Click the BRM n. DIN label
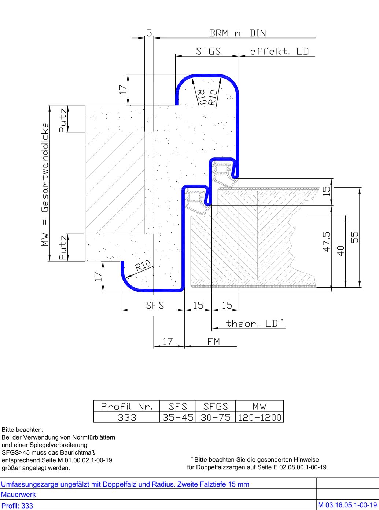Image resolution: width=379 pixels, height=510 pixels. [x=238, y=33]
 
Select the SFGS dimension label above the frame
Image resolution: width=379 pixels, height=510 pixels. [x=208, y=51]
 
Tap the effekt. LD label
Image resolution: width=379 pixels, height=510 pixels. [x=279, y=51]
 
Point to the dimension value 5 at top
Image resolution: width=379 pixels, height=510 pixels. [x=149, y=33]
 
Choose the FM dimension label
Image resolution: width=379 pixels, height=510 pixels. [x=214, y=342]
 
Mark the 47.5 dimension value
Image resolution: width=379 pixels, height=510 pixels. [x=327, y=241]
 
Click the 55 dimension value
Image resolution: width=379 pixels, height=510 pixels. [x=355, y=237]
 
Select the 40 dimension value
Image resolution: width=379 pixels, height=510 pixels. [x=341, y=251]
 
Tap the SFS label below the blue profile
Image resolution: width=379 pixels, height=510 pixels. [x=155, y=305]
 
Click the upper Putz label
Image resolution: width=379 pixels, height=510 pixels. [x=63, y=120]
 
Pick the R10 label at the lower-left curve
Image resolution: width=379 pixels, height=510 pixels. [x=143, y=265]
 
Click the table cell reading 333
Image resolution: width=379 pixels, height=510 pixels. [x=127, y=417]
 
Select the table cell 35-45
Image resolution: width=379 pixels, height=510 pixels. [x=178, y=417]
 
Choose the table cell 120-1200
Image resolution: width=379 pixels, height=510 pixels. [x=260, y=417]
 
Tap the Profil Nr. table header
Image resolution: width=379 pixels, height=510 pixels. [x=126, y=407]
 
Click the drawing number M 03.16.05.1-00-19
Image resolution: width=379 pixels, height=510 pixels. [x=347, y=505]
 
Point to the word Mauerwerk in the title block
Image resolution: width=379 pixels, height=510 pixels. [x=18, y=494]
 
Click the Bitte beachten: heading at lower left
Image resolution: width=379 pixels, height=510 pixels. [x=22, y=430]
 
